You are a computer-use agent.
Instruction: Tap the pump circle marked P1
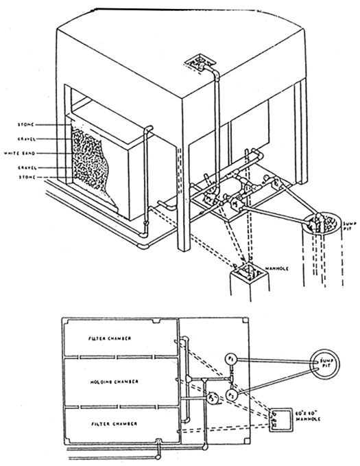coord(231,360)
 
